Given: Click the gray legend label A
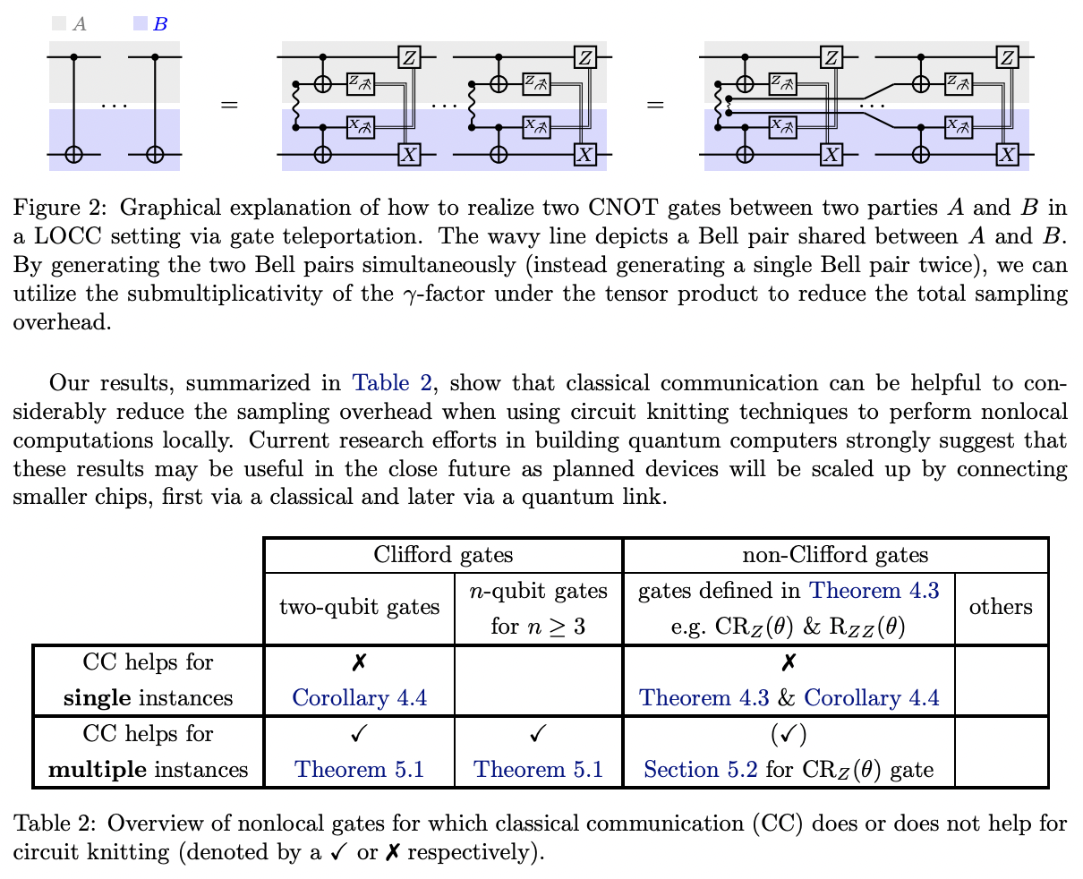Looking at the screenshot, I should (80, 24).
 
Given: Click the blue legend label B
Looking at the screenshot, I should (159, 24).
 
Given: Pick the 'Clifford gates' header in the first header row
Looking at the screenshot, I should (443, 555).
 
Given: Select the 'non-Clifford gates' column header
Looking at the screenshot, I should (834, 555).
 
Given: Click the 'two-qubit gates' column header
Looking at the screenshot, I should (359, 607).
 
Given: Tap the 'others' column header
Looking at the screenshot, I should (1000, 607).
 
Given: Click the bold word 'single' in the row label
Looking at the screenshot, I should (98, 698).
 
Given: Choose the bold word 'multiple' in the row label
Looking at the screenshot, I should (98, 770).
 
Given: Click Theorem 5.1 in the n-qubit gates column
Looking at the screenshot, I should (538, 770).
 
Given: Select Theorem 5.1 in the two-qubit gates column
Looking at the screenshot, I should (359, 770).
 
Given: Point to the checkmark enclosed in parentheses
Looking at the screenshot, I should (789, 734).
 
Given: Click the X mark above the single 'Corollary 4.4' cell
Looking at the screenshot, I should (359, 662).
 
